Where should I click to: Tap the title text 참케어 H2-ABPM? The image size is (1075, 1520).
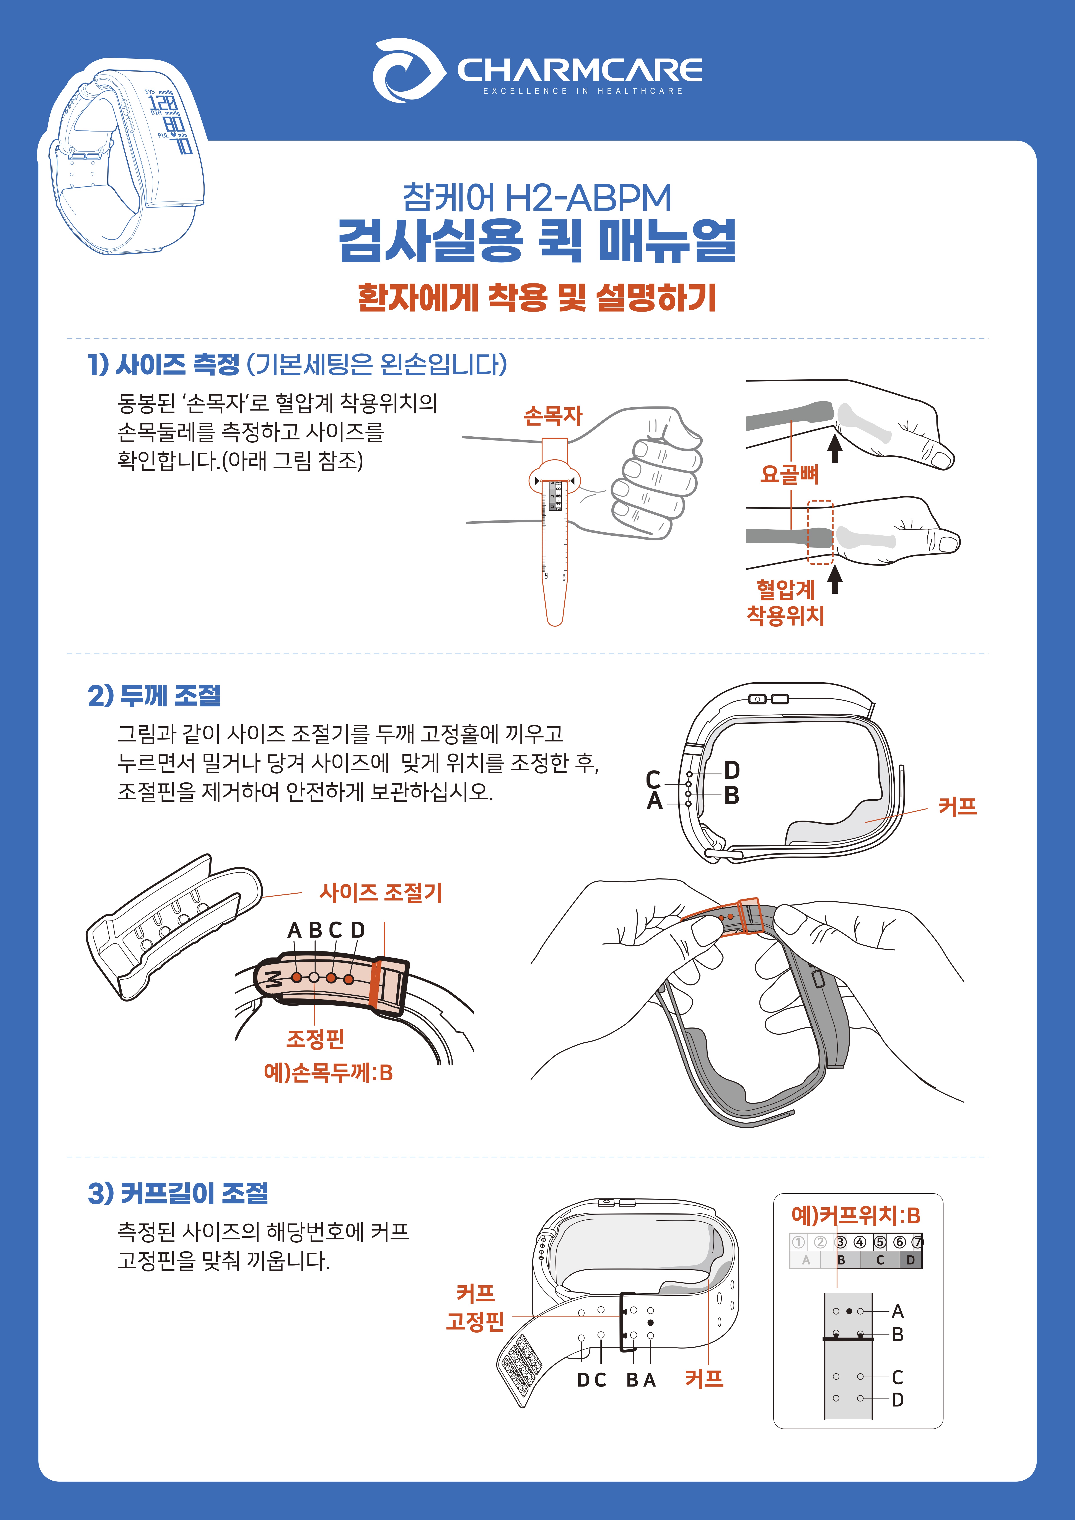pyautogui.click(x=537, y=197)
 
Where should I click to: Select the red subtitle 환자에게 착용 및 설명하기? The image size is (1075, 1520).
pyautogui.click(x=537, y=297)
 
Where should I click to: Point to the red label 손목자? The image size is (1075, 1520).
pyautogui.click(x=553, y=416)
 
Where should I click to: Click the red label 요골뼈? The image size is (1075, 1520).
pyautogui.click(x=790, y=474)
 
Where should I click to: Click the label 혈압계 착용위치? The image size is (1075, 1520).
pyautogui.click(x=785, y=602)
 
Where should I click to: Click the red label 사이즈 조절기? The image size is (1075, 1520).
pyautogui.click(x=381, y=892)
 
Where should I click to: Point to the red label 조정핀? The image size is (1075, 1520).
pyautogui.click(x=315, y=1038)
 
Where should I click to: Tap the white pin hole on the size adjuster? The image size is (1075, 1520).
pyautogui.click(x=314, y=977)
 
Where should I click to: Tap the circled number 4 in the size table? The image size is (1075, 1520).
pyautogui.click(x=860, y=1242)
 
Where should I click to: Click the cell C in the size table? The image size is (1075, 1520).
pyautogui.click(x=880, y=1260)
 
